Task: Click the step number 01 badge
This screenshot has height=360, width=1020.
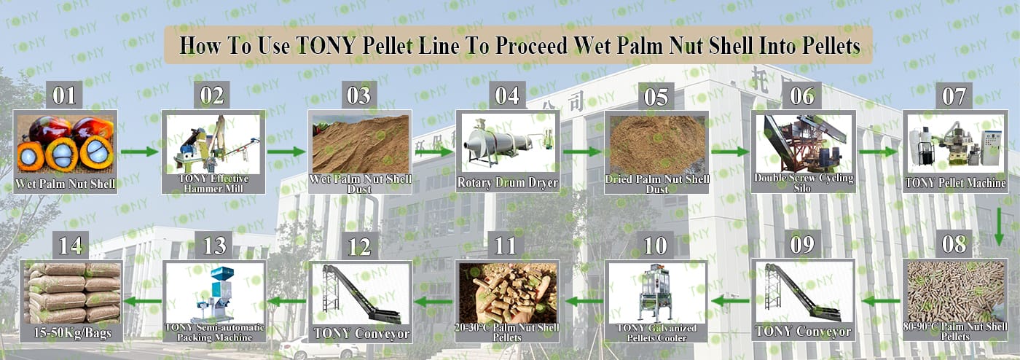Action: pyautogui.click(x=64, y=95)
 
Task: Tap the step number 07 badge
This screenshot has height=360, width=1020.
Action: pyautogui.click(x=954, y=96)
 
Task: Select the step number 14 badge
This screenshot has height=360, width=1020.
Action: pyautogui.click(x=71, y=245)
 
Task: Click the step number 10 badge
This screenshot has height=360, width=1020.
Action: pyautogui.click(x=656, y=246)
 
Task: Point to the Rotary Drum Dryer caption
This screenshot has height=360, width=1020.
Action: pyautogui.click(x=507, y=183)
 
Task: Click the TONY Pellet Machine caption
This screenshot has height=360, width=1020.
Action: pyautogui.click(x=955, y=183)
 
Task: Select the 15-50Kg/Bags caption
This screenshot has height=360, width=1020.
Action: pyautogui.click(x=72, y=333)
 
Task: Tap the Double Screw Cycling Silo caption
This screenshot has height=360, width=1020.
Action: pyautogui.click(x=803, y=183)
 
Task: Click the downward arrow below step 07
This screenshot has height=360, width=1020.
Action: pyautogui.click(x=999, y=227)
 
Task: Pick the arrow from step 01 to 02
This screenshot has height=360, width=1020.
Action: pyautogui.click(x=140, y=152)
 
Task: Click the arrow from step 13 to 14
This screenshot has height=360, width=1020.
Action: pyautogui.click(x=142, y=301)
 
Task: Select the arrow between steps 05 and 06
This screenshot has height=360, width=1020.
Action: pyautogui.click(x=730, y=152)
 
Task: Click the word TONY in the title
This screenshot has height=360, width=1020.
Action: pyautogui.click(x=325, y=46)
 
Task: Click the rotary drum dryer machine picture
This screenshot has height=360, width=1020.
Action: pyautogui.click(x=508, y=144)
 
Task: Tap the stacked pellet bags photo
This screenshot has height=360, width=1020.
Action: pyautogui.click(x=71, y=293)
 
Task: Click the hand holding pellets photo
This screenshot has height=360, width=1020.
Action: pyautogui.click(x=507, y=293)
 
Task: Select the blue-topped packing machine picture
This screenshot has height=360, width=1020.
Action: pyautogui.click(x=214, y=293)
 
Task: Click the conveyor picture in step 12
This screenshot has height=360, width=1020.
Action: pyautogui.click(x=361, y=294)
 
